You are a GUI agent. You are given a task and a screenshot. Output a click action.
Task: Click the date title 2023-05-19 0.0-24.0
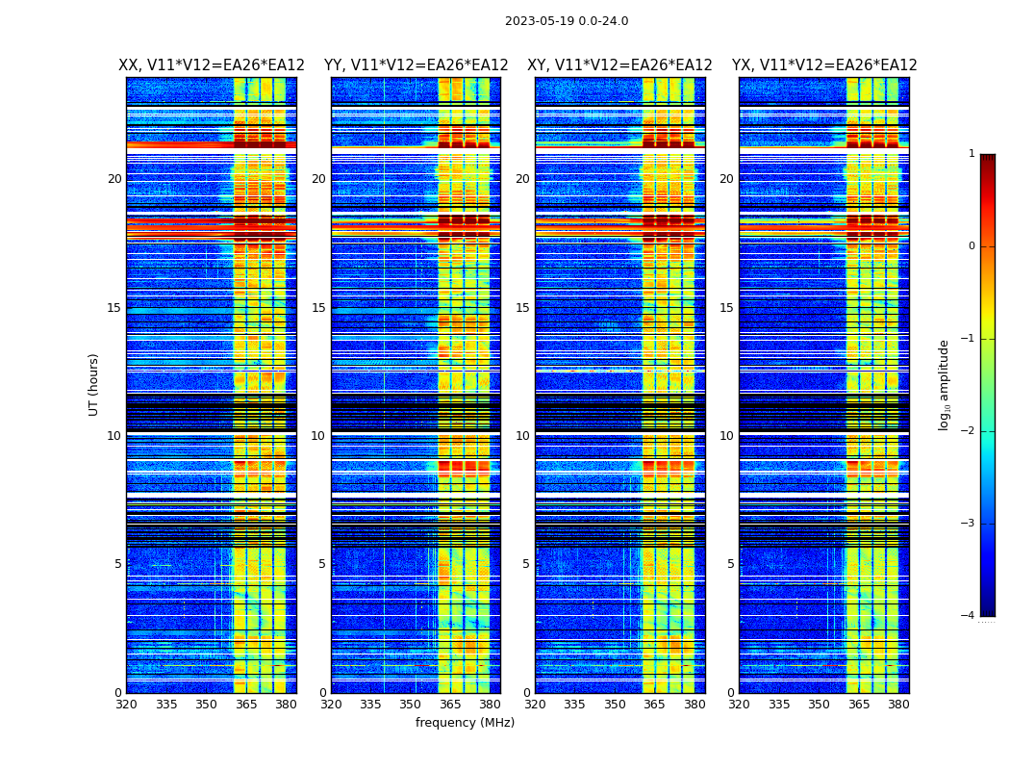tap(567, 21)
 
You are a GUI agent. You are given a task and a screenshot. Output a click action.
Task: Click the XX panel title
tap(212, 65)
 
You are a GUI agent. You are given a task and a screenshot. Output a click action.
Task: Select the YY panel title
tap(416, 65)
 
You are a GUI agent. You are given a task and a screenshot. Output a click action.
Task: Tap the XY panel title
tap(619, 65)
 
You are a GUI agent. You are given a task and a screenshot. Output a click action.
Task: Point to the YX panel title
tap(824, 65)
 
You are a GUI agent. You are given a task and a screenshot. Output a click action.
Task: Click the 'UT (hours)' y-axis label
tap(93, 384)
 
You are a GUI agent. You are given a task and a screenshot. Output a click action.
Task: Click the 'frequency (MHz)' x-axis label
tap(465, 723)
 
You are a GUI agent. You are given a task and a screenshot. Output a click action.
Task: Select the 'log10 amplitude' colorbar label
tap(945, 384)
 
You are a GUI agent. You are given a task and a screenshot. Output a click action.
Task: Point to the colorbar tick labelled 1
tap(971, 154)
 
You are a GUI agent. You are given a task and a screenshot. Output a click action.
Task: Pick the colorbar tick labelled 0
tap(971, 246)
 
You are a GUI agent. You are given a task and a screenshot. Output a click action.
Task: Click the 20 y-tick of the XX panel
tap(114, 179)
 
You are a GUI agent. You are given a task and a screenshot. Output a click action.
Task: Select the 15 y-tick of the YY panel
tap(318, 307)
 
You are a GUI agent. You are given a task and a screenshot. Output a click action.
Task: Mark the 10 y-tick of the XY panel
tap(522, 436)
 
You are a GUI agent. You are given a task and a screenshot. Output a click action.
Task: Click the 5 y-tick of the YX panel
tap(731, 564)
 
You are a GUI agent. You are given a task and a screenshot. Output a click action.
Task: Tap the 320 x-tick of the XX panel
tap(126, 705)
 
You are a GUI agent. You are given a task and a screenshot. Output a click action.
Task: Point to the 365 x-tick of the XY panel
tap(655, 705)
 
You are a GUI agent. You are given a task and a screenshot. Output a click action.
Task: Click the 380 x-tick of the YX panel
tap(898, 705)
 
